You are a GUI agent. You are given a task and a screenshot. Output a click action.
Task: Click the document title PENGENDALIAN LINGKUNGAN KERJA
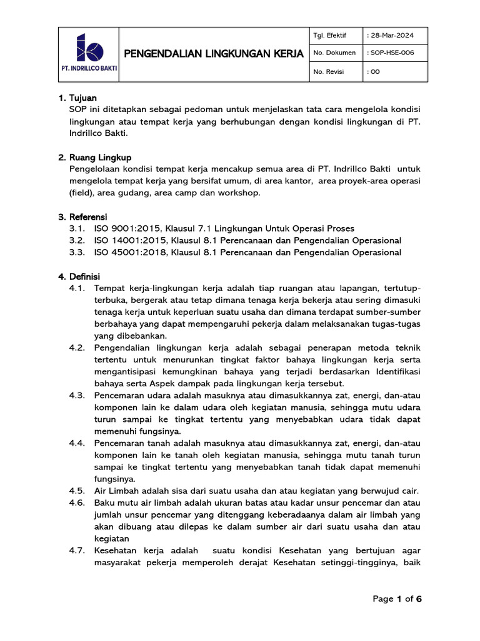[214, 54]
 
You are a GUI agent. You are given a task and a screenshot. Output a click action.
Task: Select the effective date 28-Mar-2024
[390, 35]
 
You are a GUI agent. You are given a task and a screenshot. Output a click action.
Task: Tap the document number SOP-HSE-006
[391, 53]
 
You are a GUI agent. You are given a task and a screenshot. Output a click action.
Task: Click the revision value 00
[375, 72]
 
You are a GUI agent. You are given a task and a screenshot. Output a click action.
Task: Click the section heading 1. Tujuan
[77, 98]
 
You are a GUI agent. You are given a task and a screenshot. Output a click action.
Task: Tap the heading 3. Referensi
[83, 217]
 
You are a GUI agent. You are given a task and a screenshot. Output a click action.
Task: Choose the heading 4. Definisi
[79, 276]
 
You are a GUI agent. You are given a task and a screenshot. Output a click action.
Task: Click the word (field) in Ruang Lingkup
[80, 193]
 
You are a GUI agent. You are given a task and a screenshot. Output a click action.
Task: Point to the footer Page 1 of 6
[397, 599]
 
